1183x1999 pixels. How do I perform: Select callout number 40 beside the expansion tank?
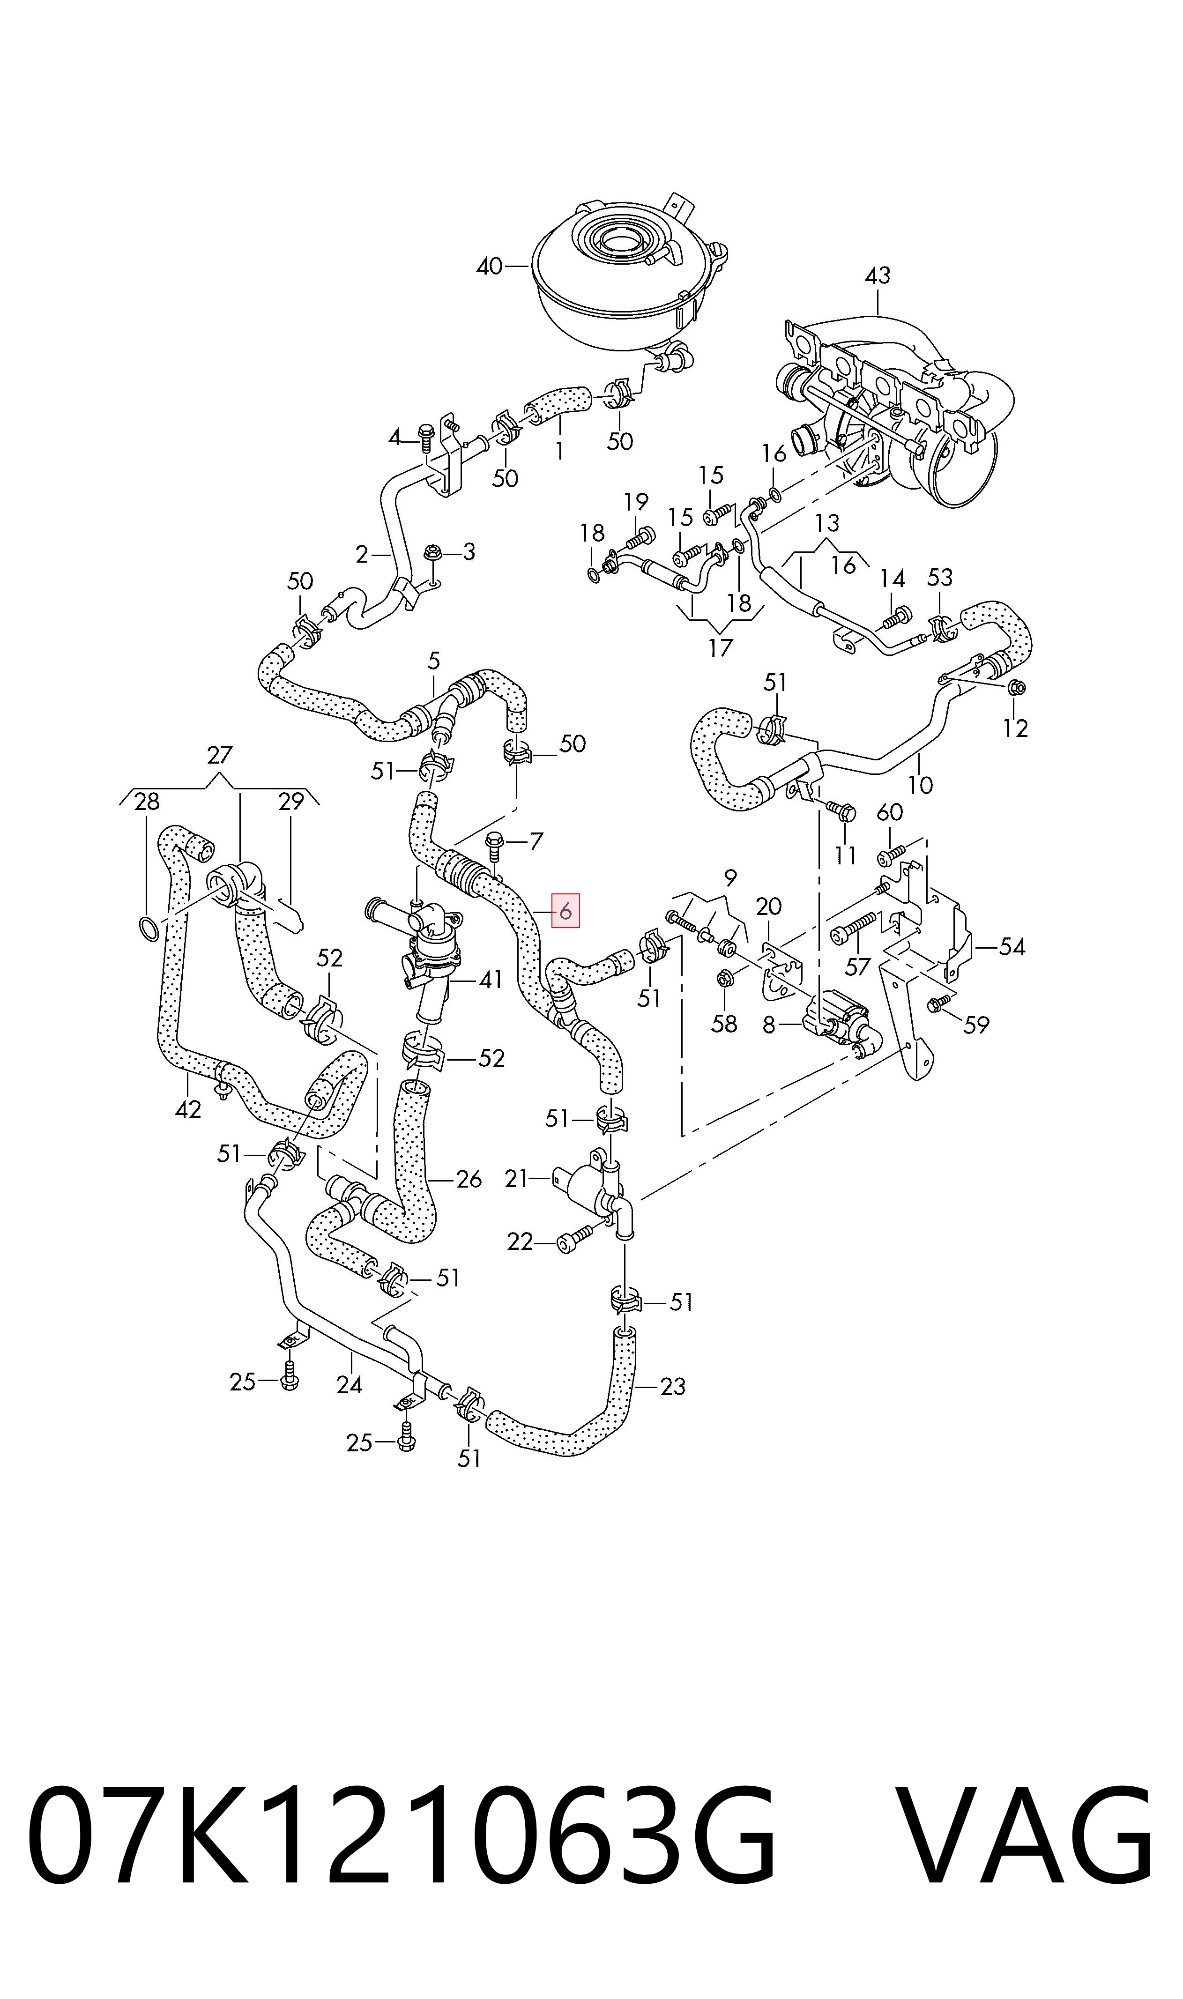click(x=490, y=266)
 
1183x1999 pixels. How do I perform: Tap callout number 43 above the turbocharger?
click(x=877, y=276)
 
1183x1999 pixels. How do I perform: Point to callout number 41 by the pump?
click(x=491, y=980)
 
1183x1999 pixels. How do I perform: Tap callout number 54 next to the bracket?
click(x=1012, y=947)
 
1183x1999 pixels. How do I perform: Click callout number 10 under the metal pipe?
click(x=920, y=785)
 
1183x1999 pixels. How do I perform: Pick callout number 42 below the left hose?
click(x=188, y=1109)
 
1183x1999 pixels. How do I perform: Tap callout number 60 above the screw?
click(x=890, y=812)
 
